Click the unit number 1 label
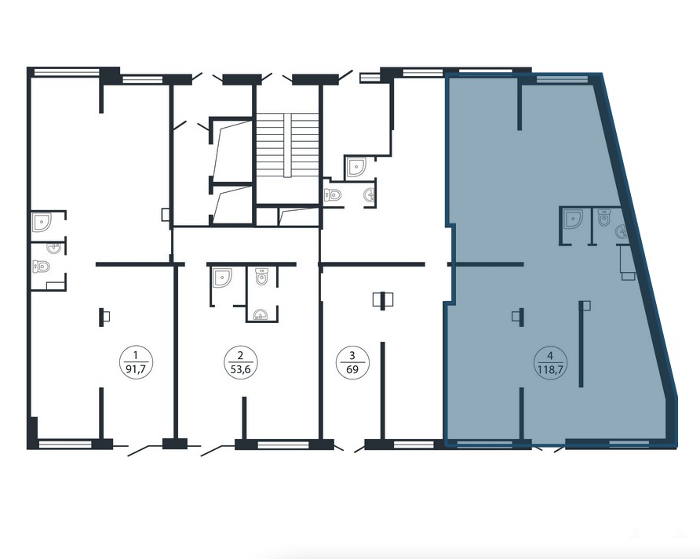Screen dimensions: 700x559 coord(136,356)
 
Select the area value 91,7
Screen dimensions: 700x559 coord(136,369)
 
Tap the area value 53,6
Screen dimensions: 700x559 coord(241,369)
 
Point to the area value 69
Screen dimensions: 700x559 coord(352,369)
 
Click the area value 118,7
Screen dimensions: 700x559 coord(550,369)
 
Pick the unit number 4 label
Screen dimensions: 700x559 coord(550,356)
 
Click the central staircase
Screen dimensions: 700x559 coord(287,144)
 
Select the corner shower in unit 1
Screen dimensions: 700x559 coord(42,222)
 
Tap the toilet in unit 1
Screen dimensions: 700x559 coord(41,267)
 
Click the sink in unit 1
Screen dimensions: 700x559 coord(54,247)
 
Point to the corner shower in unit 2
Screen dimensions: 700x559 coord(222,278)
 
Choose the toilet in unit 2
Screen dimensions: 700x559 coord(262,277)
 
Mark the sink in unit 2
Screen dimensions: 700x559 coord(261,315)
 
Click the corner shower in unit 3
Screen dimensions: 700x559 coord(356,167)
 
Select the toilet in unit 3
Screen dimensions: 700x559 coord(333,195)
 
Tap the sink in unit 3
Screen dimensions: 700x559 coord(370,195)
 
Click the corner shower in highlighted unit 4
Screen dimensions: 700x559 coord(573,220)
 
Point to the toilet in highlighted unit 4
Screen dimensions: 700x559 coord(604,218)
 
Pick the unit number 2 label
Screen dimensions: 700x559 coord(241,356)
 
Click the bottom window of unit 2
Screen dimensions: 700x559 coord(283,445)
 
